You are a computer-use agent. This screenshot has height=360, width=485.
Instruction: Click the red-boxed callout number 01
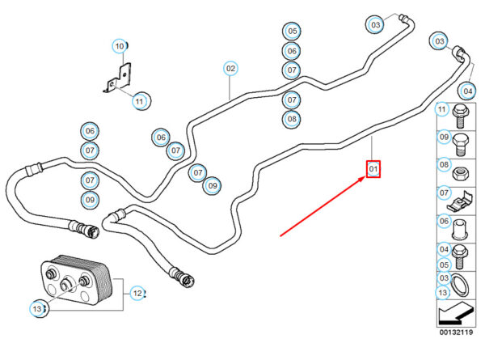click(373, 169)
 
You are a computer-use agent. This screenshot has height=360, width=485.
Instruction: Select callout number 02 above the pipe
click(230, 69)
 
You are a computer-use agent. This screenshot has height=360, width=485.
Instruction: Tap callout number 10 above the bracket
click(120, 46)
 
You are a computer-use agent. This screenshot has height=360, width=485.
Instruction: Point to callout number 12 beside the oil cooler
click(137, 293)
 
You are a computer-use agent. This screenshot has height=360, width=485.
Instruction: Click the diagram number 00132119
click(456, 332)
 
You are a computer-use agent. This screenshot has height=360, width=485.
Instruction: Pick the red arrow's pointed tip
click(365, 177)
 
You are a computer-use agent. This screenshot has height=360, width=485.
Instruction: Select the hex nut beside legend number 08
click(460, 174)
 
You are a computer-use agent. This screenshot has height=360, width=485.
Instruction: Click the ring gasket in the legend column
click(460, 286)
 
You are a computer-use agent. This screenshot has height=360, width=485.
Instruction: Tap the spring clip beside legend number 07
click(460, 201)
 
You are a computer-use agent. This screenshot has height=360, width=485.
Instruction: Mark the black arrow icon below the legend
click(456, 313)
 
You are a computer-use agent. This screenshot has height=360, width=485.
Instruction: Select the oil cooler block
click(77, 280)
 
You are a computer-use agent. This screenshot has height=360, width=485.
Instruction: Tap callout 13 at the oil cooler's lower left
click(37, 308)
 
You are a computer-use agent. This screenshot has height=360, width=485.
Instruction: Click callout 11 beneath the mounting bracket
click(140, 101)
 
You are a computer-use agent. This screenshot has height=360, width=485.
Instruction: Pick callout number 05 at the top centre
click(293, 31)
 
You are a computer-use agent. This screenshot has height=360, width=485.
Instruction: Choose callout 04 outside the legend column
click(468, 91)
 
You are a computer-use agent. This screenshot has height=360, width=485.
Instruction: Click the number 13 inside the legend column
click(443, 293)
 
